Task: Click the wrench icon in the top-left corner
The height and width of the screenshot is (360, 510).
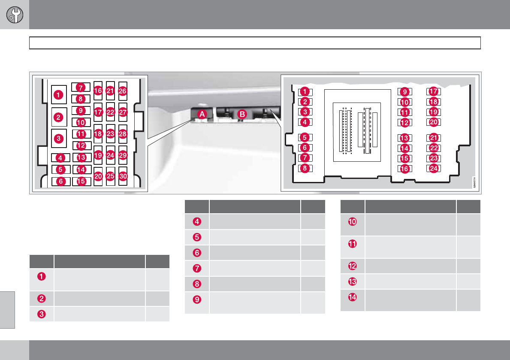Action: coord(14,15)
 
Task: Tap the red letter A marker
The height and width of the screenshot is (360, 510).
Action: coord(202,114)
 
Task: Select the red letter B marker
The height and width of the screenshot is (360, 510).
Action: coord(242,114)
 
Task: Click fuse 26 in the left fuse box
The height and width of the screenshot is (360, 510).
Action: coord(123,91)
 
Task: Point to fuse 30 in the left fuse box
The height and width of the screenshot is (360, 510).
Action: coord(123,176)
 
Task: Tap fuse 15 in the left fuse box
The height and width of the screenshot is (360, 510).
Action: coord(81,181)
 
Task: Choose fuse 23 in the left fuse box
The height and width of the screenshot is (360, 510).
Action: coord(111,133)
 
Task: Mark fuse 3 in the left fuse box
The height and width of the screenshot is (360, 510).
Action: coord(59,139)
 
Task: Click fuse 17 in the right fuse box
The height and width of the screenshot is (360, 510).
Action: coord(433,91)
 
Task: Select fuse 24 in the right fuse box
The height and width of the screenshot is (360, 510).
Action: coord(433,168)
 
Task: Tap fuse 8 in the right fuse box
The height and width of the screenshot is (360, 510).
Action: coord(305,168)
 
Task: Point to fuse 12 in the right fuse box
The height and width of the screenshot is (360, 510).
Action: coord(404,122)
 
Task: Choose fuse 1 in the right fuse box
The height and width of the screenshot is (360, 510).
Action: coord(305,91)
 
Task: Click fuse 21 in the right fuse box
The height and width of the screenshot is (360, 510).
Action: coord(433,138)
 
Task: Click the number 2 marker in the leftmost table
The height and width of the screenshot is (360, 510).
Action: coord(42,298)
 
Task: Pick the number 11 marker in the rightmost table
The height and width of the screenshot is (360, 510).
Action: coord(352,244)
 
